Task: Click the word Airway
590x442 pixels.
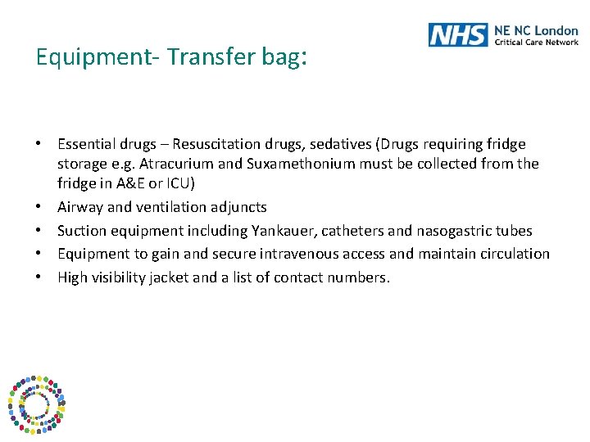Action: coord(80,208)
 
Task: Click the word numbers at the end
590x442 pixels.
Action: coord(359,277)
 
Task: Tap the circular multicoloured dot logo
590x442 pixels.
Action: coord(35,404)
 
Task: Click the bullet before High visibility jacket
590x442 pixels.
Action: coord(39,277)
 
